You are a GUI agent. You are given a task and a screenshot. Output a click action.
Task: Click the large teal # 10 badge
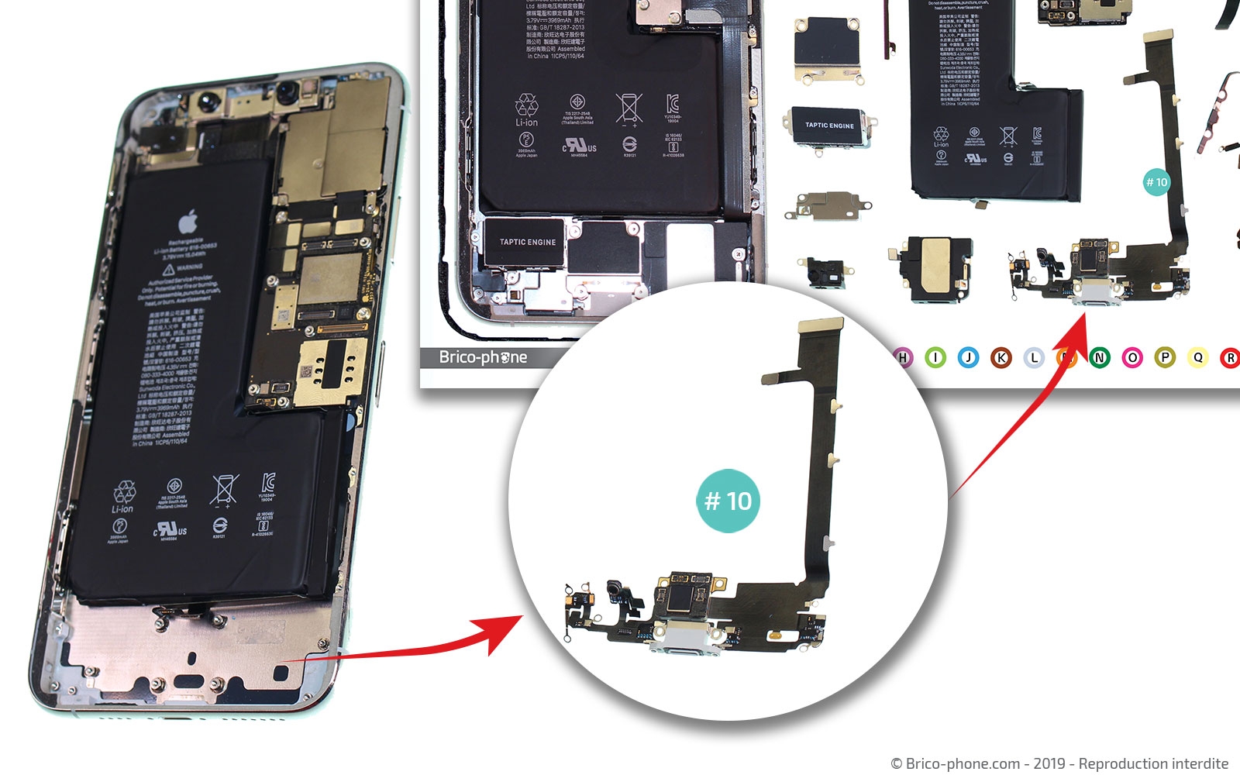[x=728, y=501]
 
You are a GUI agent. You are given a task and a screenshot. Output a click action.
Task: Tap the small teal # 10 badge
[x=1156, y=182]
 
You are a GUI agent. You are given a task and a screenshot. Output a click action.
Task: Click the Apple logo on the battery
[x=188, y=223]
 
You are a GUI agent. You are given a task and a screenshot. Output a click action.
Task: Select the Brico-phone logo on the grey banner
[x=483, y=357]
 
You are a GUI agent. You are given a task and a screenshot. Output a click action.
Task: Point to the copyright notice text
[x=1059, y=763]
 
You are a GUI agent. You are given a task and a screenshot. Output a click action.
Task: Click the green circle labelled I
[x=935, y=357]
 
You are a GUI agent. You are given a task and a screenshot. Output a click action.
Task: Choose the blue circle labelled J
[x=968, y=357]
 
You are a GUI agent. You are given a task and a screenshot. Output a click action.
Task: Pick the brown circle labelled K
[x=1001, y=357]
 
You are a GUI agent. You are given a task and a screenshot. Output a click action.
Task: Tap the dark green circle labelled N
[x=1100, y=357]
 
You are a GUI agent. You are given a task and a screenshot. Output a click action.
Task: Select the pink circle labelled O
[x=1132, y=357]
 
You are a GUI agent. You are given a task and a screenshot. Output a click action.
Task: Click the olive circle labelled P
[x=1165, y=357]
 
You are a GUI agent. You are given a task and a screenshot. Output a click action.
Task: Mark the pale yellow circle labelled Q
[x=1198, y=357]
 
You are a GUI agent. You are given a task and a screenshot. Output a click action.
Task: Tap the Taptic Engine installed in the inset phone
[x=527, y=243]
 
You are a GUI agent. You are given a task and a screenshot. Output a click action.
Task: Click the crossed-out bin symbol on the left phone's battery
[x=224, y=491]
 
